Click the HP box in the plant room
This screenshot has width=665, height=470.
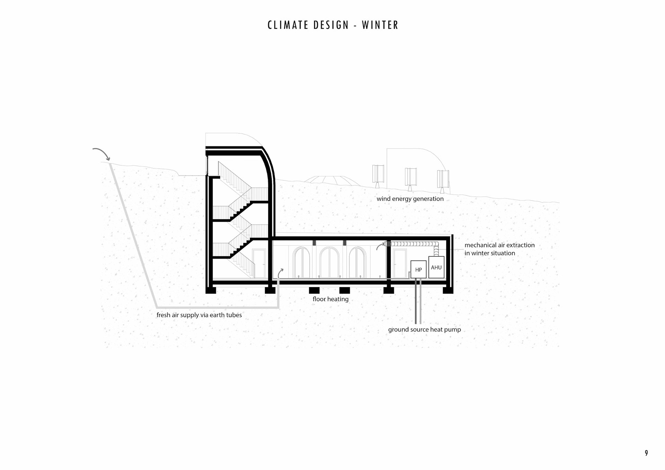[x=418, y=269]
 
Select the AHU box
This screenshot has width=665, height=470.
[x=436, y=267]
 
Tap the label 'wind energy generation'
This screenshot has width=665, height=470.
[x=410, y=199]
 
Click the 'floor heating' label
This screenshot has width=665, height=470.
[x=330, y=299]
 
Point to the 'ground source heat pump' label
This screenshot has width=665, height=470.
[x=424, y=329]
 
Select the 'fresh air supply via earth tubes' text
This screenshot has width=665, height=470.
[x=199, y=315]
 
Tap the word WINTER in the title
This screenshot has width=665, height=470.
[x=380, y=25]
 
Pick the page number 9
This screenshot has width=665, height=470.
[x=646, y=453]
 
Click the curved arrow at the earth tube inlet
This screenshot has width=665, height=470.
[x=102, y=153]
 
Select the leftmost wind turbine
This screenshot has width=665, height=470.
[x=378, y=174]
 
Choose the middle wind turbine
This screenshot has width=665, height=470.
[x=411, y=177]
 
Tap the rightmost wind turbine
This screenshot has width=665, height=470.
[x=443, y=179]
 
